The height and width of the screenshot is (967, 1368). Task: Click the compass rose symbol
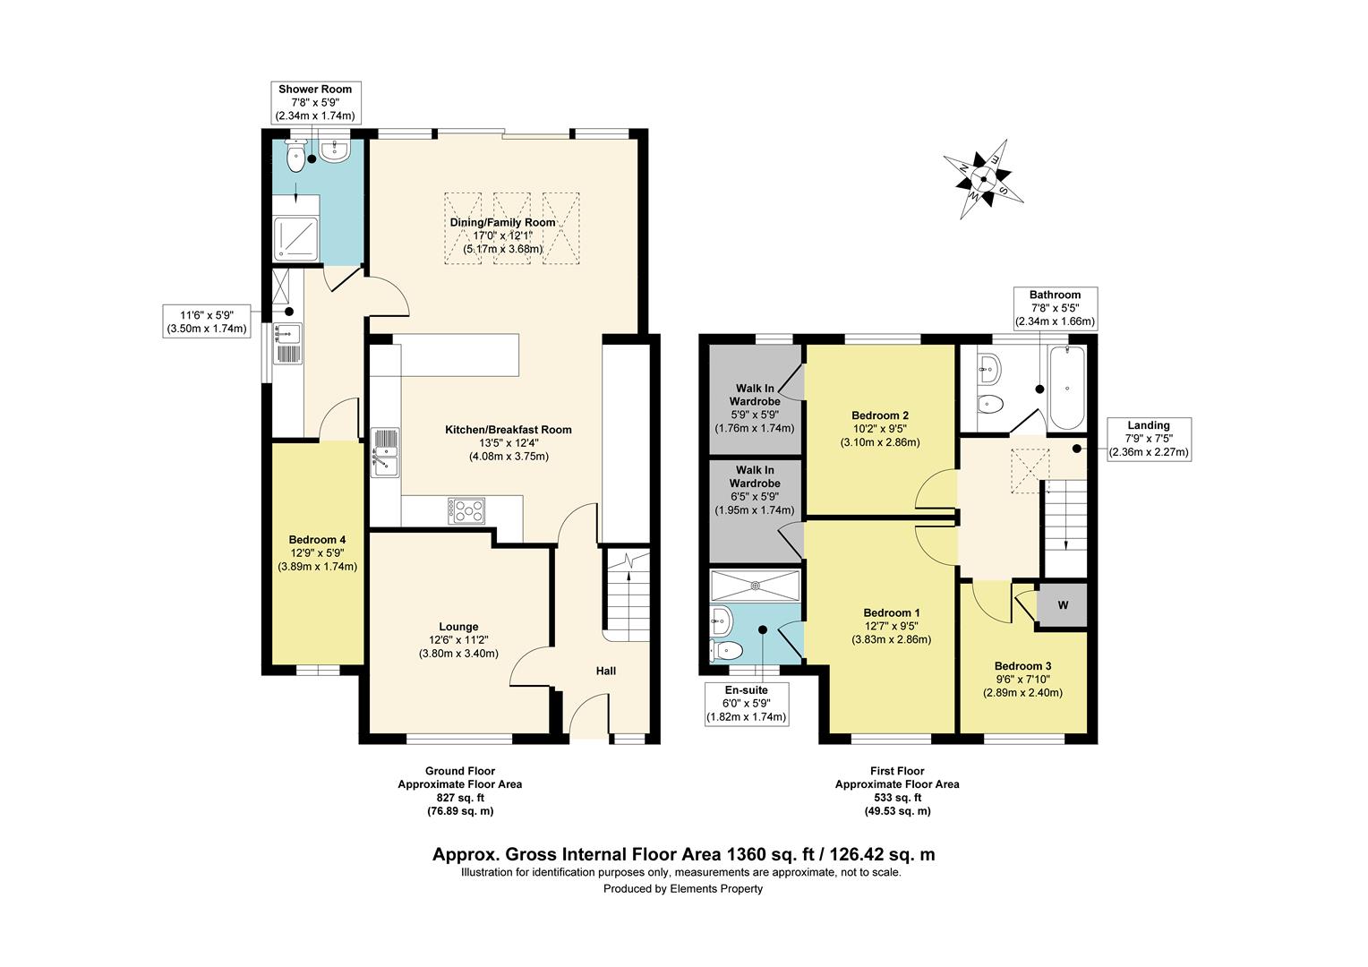[x=983, y=179]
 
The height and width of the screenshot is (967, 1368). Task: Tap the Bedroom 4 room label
[x=317, y=552]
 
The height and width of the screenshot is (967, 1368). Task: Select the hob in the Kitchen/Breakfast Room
[x=466, y=510]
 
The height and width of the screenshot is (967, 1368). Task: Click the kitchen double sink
[x=385, y=452]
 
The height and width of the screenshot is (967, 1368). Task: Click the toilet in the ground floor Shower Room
[x=295, y=155]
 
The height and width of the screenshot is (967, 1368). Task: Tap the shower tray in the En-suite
[x=755, y=586]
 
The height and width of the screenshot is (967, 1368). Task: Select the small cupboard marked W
[x=1063, y=605]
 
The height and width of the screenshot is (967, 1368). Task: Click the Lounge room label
[x=458, y=639]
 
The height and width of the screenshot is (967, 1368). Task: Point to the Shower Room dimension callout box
[x=315, y=102]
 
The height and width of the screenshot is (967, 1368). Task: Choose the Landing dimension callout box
[x=1149, y=440]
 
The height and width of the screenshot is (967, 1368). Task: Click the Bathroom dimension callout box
[x=1055, y=308]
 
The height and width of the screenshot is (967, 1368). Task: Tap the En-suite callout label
[x=747, y=704]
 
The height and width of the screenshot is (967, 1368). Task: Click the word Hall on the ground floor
[x=606, y=671]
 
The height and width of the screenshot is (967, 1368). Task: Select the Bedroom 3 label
[x=1022, y=680]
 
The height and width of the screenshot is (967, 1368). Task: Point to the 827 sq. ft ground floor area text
[x=460, y=797]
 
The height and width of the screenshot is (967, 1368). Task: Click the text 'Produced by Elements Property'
[x=683, y=889]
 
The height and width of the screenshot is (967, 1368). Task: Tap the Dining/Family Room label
[x=502, y=235]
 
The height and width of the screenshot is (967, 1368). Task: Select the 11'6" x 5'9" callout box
[x=207, y=321]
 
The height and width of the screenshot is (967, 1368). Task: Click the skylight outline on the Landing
[x=1030, y=470]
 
